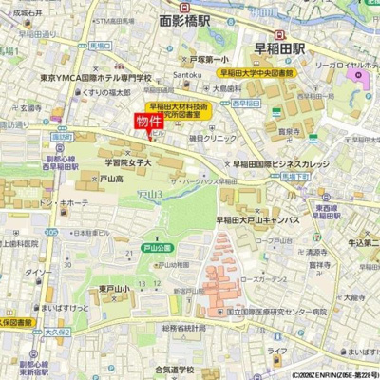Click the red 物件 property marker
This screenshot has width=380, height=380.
tap(148, 122)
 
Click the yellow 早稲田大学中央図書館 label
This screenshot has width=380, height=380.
tap(257, 72)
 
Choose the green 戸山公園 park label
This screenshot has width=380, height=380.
tap(157, 248)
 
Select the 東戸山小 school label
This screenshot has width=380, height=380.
tap(112, 289)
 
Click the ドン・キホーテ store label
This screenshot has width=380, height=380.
tap(63, 202)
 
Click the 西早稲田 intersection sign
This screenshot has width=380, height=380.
tap(246, 104)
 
